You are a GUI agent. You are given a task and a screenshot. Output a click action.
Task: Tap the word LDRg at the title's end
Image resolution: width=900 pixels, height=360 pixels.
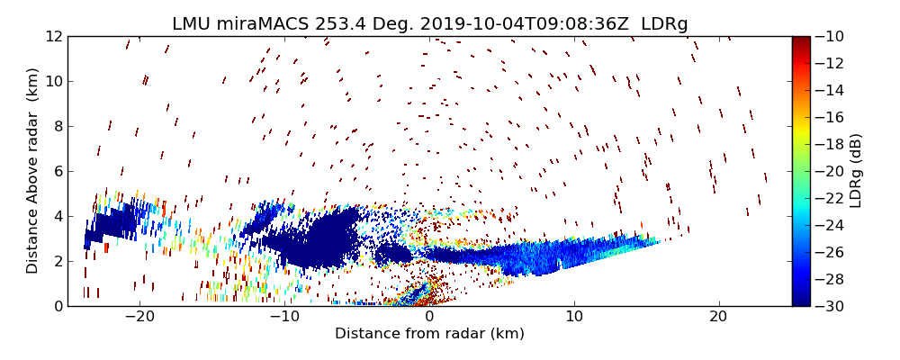pyautogui.click(x=664, y=24)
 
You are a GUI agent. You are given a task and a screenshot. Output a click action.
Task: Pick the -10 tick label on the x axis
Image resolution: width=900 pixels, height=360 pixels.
pyautogui.click(x=284, y=317)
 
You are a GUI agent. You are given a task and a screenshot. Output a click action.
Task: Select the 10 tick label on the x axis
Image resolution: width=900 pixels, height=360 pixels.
pyautogui.click(x=574, y=317)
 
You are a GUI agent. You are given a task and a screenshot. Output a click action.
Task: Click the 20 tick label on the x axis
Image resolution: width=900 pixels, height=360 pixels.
pyautogui.click(x=718, y=317)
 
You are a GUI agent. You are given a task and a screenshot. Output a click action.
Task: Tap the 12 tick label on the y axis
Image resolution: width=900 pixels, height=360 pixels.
pyautogui.click(x=53, y=37)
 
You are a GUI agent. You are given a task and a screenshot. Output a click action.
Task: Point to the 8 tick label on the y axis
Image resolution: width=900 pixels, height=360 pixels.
pyautogui.click(x=57, y=127)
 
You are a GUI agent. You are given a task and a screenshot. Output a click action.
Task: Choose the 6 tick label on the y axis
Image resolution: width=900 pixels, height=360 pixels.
pyautogui.click(x=57, y=171)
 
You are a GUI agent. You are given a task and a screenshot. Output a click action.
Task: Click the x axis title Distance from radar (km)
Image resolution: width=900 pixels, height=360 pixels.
pyautogui.click(x=429, y=334)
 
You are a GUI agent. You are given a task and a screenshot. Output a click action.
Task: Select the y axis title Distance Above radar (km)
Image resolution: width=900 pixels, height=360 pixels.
pyautogui.click(x=33, y=171)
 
